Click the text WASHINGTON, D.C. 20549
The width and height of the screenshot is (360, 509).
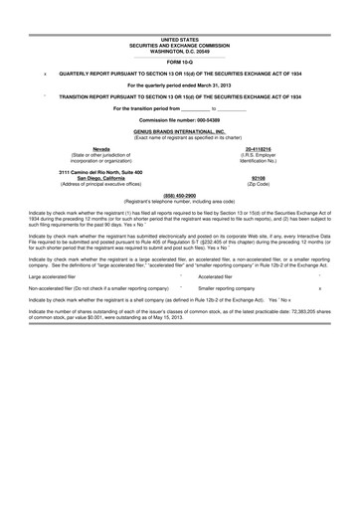179,50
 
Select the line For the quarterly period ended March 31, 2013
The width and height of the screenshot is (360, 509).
179,85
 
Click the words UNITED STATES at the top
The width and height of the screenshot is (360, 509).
179,39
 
